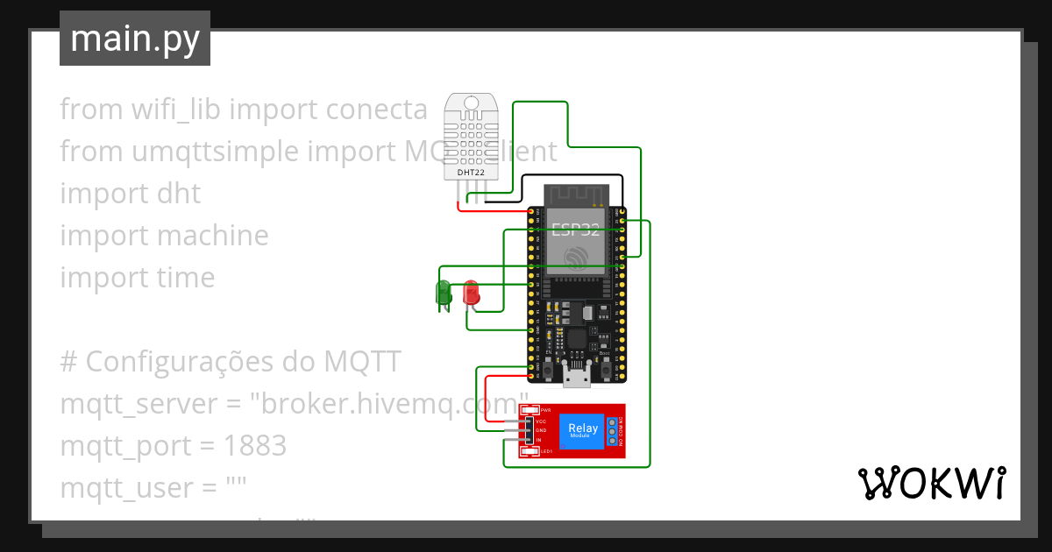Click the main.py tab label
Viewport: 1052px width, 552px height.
point(134,39)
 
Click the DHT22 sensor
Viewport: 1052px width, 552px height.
point(471,138)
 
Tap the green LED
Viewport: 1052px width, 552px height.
point(444,292)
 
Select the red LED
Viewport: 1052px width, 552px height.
point(471,292)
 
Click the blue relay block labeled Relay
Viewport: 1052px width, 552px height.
point(582,430)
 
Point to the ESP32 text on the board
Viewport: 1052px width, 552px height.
point(577,230)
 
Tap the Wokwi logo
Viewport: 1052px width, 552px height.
point(930,483)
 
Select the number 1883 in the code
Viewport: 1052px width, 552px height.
point(255,446)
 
